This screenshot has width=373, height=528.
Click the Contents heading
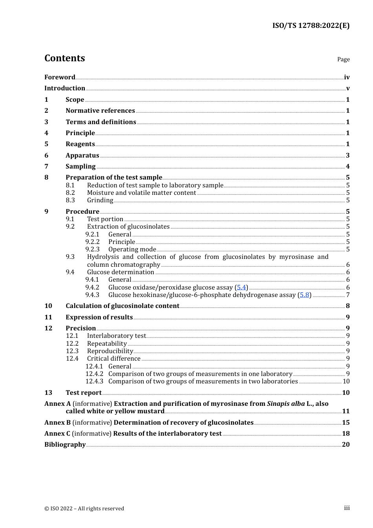click(64, 58)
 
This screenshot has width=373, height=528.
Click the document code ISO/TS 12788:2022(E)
click(311, 26)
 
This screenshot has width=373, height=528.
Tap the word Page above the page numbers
click(343, 59)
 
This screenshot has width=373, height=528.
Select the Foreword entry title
click(60, 77)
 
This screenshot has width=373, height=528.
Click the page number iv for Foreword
click(347, 77)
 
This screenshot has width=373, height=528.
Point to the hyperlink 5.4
click(241, 287)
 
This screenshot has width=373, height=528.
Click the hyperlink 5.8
click(304, 295)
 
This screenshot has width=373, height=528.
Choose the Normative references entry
click(100, 110)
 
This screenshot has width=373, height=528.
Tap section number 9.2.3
click(92, 249)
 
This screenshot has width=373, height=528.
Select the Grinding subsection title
click(100, 200)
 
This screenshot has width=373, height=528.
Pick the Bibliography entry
click(65, 444)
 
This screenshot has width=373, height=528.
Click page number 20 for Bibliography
click(346, 444)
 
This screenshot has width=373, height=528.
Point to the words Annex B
click(57, 422)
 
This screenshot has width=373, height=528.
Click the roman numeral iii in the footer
click(347, 508)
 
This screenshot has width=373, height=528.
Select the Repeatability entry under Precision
click(107, 343)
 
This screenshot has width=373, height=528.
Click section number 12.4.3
click(94, 381)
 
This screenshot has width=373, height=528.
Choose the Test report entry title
click(83, 392)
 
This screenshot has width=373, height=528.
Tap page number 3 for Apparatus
click(347, 155)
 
